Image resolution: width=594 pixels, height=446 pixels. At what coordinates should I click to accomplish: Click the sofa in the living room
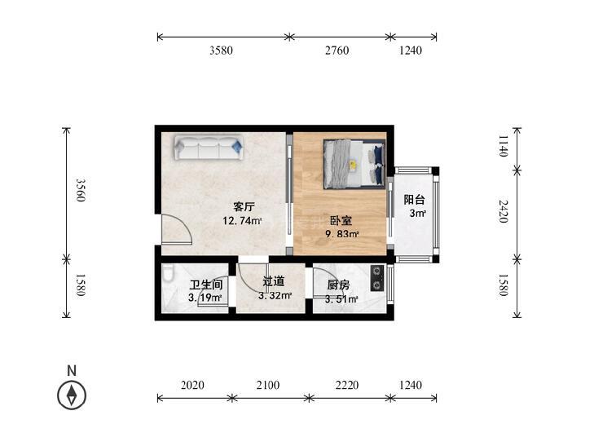click(209, 148)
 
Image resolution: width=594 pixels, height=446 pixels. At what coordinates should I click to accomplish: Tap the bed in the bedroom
click(354, 164)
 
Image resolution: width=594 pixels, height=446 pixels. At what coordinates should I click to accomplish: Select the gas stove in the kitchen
click(377, 278)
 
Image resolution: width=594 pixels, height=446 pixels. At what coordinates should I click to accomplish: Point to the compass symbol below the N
click(72, 395)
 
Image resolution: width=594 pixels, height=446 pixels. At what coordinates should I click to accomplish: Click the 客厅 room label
click(244, 207)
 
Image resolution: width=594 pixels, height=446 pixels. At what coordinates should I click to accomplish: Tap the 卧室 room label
click(341, 220)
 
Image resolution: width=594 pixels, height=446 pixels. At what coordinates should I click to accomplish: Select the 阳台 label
click(414, 200)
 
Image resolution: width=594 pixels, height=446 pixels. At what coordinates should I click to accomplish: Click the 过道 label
click(274, 281)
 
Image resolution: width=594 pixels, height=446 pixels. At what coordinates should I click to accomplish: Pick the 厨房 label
click(338, 285)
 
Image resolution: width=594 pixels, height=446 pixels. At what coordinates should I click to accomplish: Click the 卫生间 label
click(206, 285)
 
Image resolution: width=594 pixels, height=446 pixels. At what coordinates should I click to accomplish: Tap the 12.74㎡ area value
click(243, 220)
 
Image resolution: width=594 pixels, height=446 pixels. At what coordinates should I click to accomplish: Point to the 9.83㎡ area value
click(342, 234)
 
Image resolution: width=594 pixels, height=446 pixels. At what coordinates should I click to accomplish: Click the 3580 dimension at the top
click(222, 50)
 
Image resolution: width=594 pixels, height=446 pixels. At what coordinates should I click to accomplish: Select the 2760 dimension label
click(337, 50)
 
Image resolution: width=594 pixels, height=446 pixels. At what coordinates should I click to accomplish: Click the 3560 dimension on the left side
click(80, 190)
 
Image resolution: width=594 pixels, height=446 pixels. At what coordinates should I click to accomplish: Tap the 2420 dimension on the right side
click(503, 211)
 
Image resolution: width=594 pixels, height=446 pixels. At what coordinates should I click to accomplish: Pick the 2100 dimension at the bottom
click(268, 385)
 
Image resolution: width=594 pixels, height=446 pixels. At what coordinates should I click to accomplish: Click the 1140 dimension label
click(503, 146)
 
